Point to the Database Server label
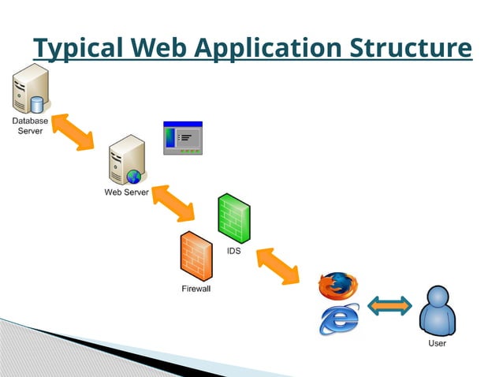[30, 125]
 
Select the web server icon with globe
[126, 160]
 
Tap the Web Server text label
[126, 192]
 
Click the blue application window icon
[182, 138]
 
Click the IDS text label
[233, 251]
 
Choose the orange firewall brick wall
[196, 257]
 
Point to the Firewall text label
[196, 289]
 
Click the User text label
[437, 343]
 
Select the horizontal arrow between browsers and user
[390, 307]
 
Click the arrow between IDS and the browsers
[277, 267]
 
